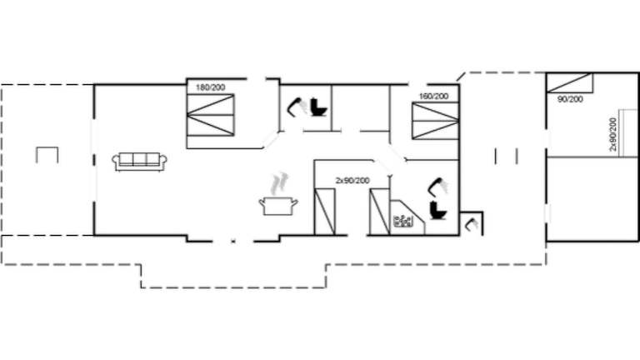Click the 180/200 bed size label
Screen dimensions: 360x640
point(210,87)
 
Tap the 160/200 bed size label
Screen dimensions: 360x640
point(433,97)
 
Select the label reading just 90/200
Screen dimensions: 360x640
point(570,99)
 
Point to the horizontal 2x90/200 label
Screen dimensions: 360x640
point(352,180)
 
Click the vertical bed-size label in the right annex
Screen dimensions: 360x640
point(613,134)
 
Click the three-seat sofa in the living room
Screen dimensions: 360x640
point(140,161)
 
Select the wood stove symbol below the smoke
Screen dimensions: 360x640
point(279,205)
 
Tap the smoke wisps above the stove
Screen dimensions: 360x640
point(282,182)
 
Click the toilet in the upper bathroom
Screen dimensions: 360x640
point(317,107)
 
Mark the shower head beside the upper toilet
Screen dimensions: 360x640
point(294,107)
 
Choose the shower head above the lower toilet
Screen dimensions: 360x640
point(437,185)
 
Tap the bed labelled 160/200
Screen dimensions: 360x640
point(435,122)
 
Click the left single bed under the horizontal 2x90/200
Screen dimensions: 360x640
point(323,212)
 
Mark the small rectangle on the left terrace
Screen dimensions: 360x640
point(47,155)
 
